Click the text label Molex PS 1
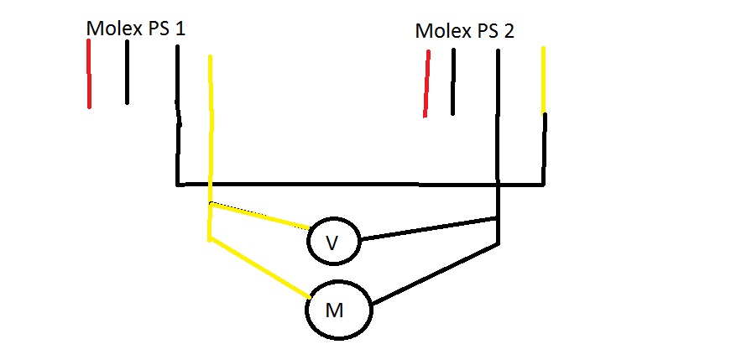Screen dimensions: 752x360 tap(136, 28)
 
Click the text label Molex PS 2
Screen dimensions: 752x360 tap(465, 32)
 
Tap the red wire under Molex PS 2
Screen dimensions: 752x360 tap(426, 84)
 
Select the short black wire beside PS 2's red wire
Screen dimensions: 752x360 tap(452, 82)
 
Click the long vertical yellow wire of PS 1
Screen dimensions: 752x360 tap(210, 126)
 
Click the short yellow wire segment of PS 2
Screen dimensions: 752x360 tap(544, 80)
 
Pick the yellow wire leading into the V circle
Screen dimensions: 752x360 tap(260, 216)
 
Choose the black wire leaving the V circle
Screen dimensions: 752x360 tap(428, 228)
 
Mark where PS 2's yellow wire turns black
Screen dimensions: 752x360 tap(544, 113)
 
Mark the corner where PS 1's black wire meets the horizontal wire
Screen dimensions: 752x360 tap(178, 183)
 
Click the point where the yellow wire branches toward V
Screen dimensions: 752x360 tap(210, 203)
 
